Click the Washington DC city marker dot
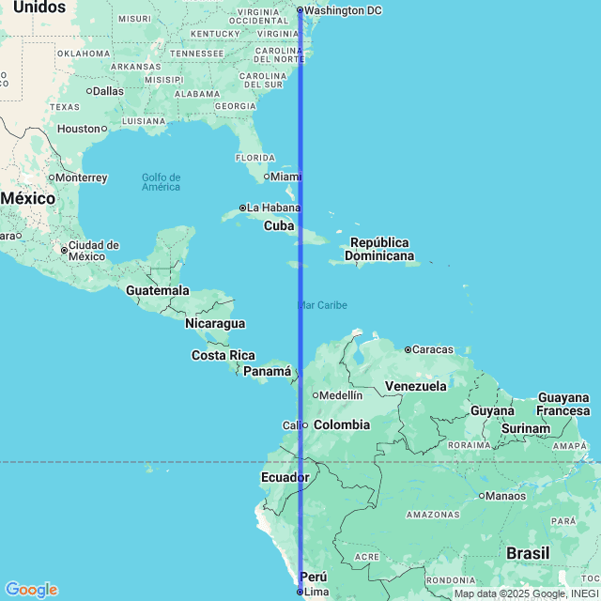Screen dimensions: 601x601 [x=300, y=10]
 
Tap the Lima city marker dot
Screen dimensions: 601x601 [x=300, y=592]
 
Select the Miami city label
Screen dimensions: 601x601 [x=285, y=176]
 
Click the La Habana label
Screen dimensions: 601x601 [x=273, y=208]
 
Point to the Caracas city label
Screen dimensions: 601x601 [x=433, y=349]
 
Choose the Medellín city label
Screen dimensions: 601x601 [x=341, y=395]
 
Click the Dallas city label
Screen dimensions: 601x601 [x=108, y=91]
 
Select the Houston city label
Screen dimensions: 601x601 [x=78, y=129]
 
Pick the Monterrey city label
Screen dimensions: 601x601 [x=81, y=177]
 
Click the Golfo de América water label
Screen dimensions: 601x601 [x=161, y=182]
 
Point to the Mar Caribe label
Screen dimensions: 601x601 [x=322, y=305]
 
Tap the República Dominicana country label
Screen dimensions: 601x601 [x=379, y=249]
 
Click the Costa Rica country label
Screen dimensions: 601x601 [x=223, y=355]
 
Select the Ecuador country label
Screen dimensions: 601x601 [x=285, y=478]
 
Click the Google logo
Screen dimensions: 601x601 [x=30, y=589]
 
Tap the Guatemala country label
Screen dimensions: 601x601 [x=158, y=291]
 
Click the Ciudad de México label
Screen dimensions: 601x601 [x=93, y=251]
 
